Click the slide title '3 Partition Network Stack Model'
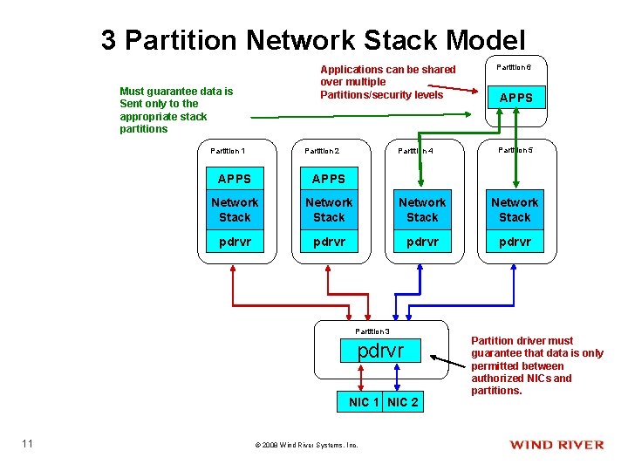pyautogui.click(x=313, y=40)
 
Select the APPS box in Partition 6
pyautogui.click(x=515, y=98)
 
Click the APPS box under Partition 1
pyautogui.click(x=234, y=179)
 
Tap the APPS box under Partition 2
pyautogui.click(x=329, y=179)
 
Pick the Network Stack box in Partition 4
pyautogui.click(x=422, y=209)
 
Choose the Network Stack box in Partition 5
pyautogui.click(x=515, y=209)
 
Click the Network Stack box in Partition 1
pyautogui.click(x=234, y=209)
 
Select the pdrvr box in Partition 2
pyautogui.click(x=329, y=242)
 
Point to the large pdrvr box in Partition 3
pyautogui.click(x=381, y=352)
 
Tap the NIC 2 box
pyautogui.click(x=402, y=402)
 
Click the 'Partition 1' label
pyautogui.click(x=228, y=151)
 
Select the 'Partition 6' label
pyautogui.click(x=515, y=67)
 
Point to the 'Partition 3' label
pyautogui.click(x=372, y=331)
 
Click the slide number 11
pyautogui.click(x=27, y=444)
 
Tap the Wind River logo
pyautogui.click(x=556, y=445)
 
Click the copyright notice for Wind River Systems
pyautogui.click(x=306, y=445)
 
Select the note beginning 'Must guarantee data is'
pyautogui.click(x=176, y=109)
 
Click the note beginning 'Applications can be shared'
pyautogui.click(x=388, y=82)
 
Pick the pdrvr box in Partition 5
pyautogui.click(x=515, y=242)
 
